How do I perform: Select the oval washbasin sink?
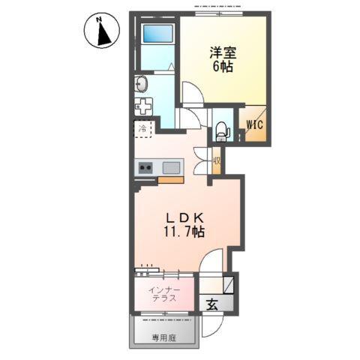click(x=141, y=82)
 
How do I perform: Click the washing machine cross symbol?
click(x=143, y=106)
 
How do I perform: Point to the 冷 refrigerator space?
click(x=143, y=129)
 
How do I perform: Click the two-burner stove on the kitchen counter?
click(x=145, y=167)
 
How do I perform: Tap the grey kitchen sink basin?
click(x=170, y=167)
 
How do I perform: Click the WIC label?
click(x=253, y=124)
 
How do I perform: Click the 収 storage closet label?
click(x=216, y=159)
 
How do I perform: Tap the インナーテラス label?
click(x=163, y=292)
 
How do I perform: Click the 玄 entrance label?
click(x=212, y=304)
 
